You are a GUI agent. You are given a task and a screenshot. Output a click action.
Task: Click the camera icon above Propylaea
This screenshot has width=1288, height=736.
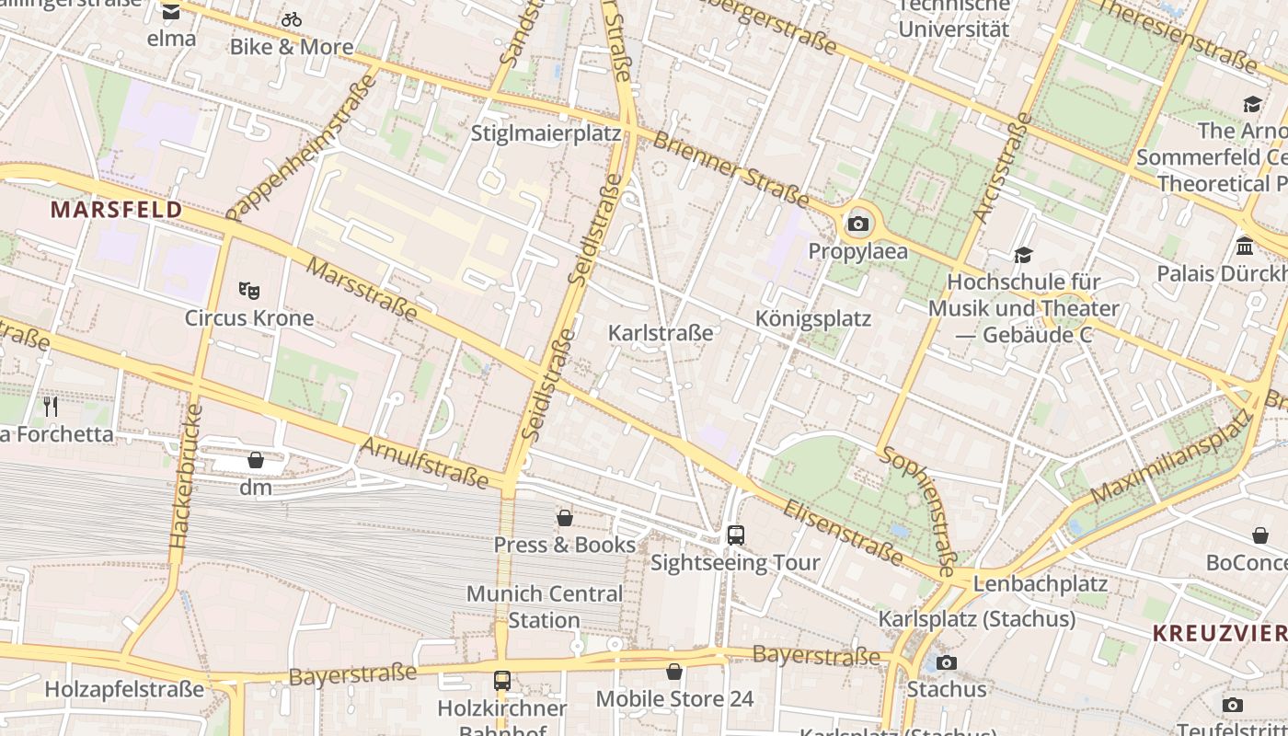coord(858,224)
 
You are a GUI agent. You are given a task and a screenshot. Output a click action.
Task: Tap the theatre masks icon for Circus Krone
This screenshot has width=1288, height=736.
coord(248,291)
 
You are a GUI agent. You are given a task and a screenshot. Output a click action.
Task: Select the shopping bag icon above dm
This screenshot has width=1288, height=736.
coord(256,460)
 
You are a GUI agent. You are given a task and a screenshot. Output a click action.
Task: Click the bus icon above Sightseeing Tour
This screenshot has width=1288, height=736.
coord(735,535)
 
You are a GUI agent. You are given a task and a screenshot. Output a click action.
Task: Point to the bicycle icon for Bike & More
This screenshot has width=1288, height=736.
coord(292,19)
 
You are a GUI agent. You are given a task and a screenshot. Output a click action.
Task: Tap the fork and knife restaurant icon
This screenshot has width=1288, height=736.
coord(51,407)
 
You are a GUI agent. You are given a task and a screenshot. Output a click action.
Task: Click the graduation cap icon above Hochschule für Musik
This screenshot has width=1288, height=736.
coord(1023,255)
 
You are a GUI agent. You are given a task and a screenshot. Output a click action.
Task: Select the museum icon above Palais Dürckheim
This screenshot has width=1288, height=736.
coord(1245,246)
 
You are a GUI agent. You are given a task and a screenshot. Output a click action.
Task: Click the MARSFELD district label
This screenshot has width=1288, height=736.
coord(116,210)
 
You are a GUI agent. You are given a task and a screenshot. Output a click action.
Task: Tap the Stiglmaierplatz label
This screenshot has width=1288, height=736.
coord(546,133)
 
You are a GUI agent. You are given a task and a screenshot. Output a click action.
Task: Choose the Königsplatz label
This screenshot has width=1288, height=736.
coord(812,319)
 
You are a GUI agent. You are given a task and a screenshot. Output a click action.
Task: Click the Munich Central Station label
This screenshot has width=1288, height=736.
coord(545,606)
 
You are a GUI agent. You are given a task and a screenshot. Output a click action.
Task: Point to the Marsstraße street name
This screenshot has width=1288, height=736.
coord(361,289)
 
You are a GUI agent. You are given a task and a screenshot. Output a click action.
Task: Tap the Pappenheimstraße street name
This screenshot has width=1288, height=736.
coord(301,148)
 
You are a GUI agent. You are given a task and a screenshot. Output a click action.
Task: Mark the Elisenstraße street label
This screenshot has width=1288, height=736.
coord(842,532)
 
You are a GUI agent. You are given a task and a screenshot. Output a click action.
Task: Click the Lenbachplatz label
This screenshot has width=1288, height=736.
coord(1040,583)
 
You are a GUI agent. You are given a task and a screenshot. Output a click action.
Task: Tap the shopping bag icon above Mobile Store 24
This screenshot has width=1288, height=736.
coord(674,673)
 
